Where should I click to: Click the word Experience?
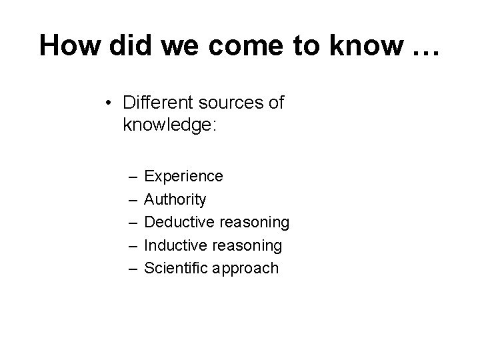click(x=184, y=177)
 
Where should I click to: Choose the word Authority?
click(x=175, y=199)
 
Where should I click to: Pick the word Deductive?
click(x=177, y=222)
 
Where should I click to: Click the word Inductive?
click(x=174, y=245)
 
